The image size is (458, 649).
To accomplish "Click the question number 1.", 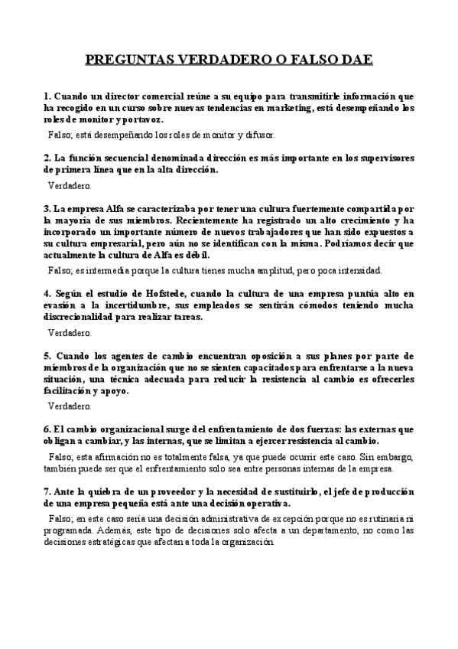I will (x=46, y=97).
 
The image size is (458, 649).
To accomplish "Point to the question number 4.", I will (x=46, y=293).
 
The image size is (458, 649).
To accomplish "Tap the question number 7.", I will (x=46, y=491).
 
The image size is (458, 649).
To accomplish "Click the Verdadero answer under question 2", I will (x=70, y=185).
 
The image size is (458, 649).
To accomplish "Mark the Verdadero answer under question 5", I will (x=70, y=406).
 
